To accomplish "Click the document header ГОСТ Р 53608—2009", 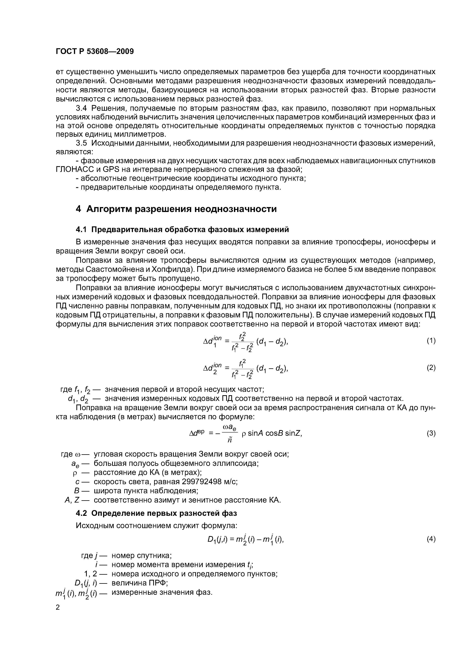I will click(x=95, y=51).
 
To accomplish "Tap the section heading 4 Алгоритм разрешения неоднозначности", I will click(x=176, y=209).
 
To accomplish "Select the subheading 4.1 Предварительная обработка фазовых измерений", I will click(x=182, y=229).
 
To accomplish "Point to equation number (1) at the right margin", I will click(x=431, y=341).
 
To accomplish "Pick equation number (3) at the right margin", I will click(x=431, y=433).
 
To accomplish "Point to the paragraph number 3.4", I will click(x=81, y=108).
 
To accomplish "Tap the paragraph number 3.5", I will click(x=81, y=143).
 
